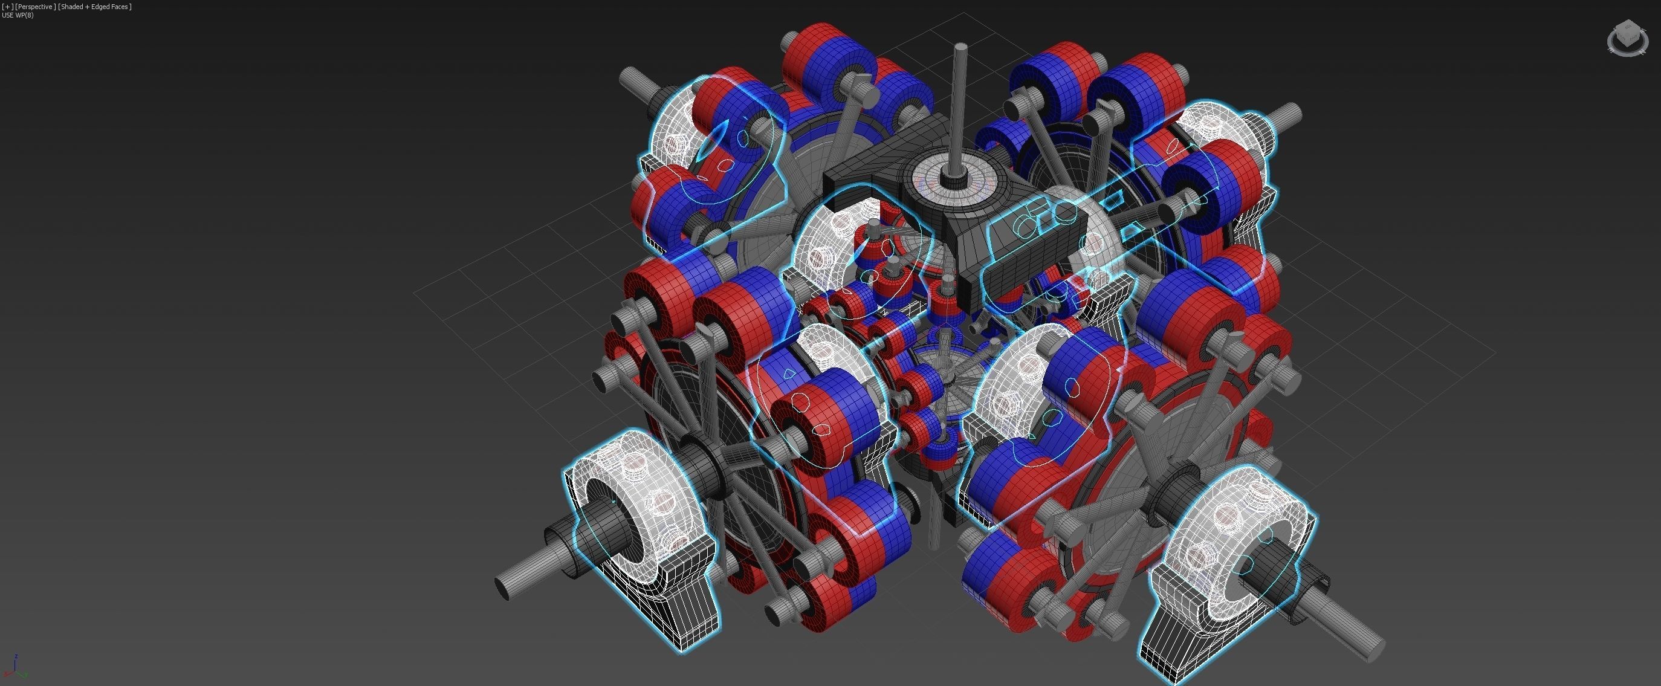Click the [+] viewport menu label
click(x=7, y=7)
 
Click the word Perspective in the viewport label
click(x=36, y=7)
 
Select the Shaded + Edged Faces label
click(x=95, y=7)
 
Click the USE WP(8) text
click(x=18, y=15)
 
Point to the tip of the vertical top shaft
click(x=960, y=46)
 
